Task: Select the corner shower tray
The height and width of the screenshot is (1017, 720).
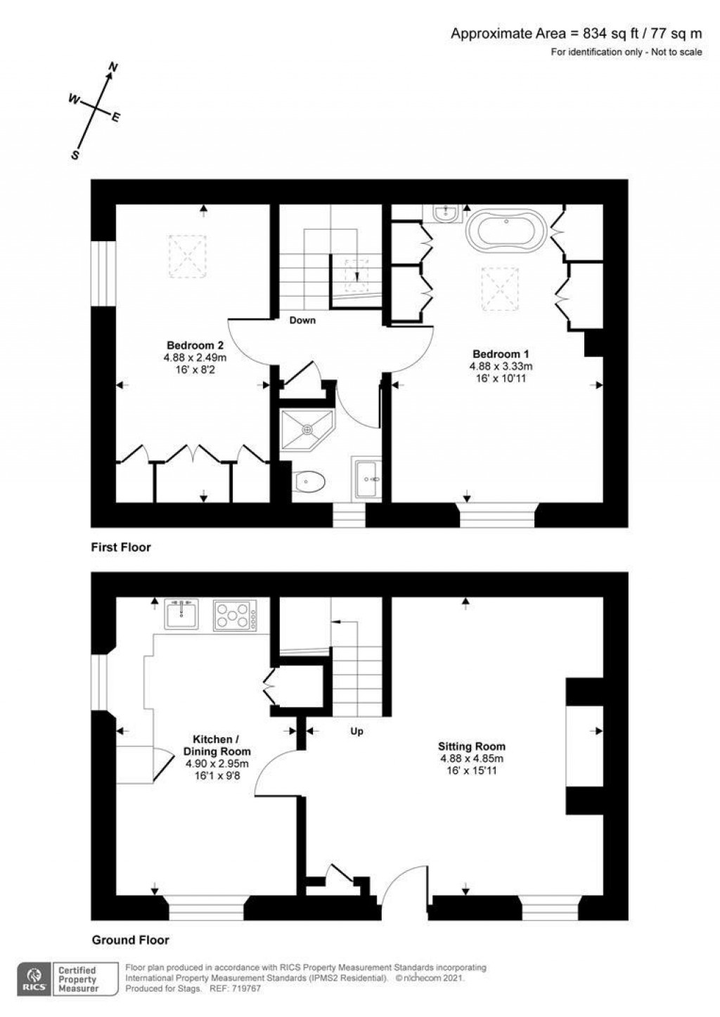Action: point(307,429)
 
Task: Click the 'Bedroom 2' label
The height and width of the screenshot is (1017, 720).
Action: point(195,344)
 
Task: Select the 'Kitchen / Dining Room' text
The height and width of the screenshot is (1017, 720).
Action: point(217,745)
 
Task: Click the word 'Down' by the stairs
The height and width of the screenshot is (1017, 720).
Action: point(302,320)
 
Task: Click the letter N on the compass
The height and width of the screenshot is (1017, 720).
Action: point(113,67)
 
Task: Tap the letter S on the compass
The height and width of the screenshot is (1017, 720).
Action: point(75,155)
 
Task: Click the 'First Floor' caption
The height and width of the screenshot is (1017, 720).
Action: point(121,547)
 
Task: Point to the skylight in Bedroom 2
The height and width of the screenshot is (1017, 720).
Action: point(187,256)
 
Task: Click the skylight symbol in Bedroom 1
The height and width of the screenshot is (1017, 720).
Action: point(500,289)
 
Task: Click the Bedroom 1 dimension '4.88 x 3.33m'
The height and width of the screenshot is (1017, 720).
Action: point(501,366)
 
